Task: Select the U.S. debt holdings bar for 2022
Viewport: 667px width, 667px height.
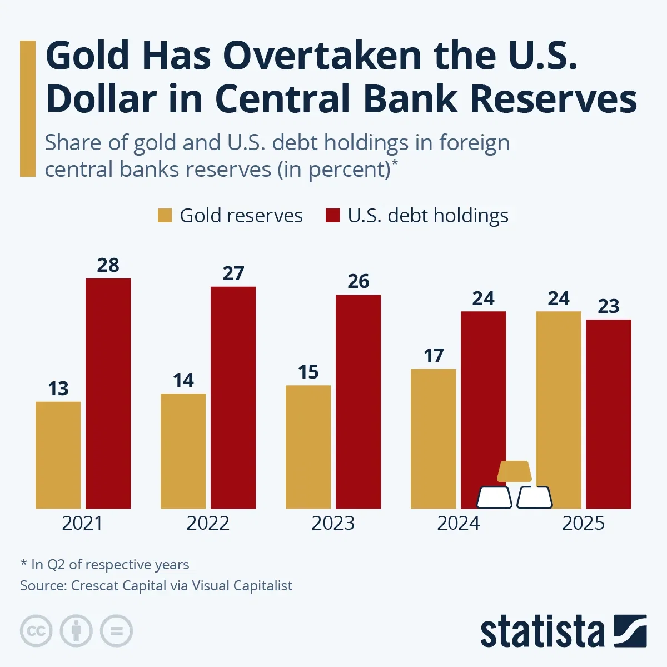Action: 233,397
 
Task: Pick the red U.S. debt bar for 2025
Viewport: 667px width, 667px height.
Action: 609,414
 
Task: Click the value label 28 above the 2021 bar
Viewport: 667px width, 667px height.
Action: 108,266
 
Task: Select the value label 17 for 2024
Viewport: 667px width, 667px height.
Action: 434,356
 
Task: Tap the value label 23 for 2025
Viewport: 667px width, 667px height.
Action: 609,306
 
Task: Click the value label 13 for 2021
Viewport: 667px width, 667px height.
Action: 58,389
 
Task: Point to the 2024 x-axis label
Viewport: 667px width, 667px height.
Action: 458,524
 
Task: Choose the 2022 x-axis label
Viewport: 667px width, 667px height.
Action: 208,524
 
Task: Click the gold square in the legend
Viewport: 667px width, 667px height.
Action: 165,216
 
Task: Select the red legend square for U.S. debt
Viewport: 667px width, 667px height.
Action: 332,216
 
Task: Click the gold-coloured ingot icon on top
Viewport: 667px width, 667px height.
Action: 514,471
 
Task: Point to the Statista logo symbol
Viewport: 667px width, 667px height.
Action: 630,631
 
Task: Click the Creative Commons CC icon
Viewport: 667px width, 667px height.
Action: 36,631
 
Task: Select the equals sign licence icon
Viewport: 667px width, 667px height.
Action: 116,631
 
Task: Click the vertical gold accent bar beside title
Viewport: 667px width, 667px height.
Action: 27,108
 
